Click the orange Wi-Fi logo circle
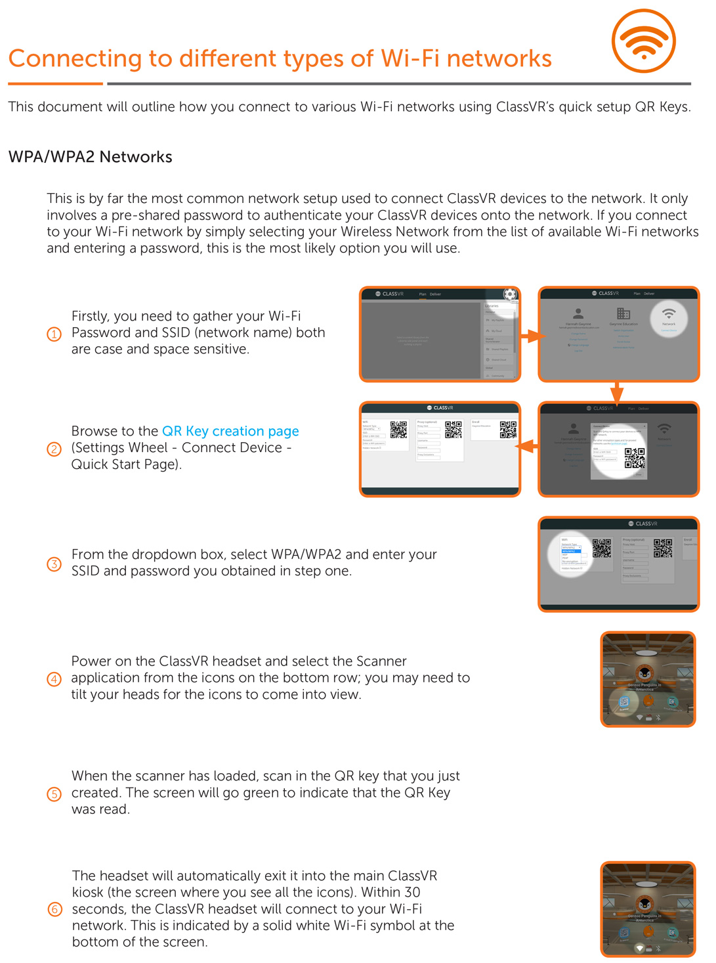point(643,41)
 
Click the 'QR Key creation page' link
point(230,431)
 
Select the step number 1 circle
point(54,334)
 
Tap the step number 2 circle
point(54,449)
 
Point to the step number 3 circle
point(54,564)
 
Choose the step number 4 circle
point(54,679)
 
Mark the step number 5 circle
point(54,794)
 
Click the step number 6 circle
point(55,910)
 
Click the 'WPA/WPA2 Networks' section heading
point(91,157)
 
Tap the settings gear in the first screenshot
point(510,294)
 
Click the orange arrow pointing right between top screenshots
point(532,336)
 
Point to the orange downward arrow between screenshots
point(616,393)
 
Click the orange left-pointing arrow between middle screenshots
point(528,447)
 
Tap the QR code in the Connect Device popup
point(634,458)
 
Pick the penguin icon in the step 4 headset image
point(645,673)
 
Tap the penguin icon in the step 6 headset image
point(645,904)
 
